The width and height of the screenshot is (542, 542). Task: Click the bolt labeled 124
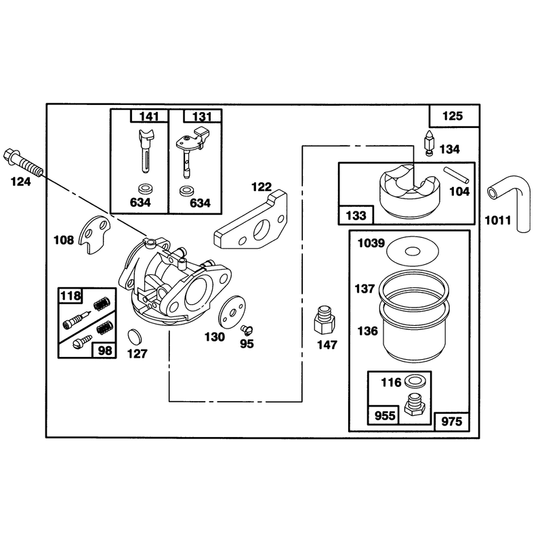pyautogui.click(x=23, y=163)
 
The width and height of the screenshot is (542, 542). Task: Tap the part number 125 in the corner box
pyautogui.click(x=453, y=116)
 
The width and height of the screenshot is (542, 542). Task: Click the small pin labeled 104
pyautogui.click(x=456, y=175)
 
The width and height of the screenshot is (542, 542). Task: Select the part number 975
pyautogui.click(x=452, y=421)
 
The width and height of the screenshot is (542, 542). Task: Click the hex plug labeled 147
pyautogui.click(x=325, y=319)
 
